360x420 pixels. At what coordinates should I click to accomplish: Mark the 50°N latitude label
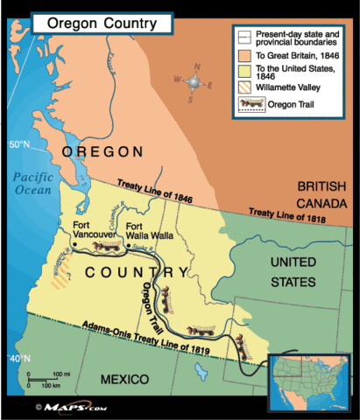tap(18, 143)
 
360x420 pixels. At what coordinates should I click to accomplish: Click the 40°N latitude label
tap(18, 360)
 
